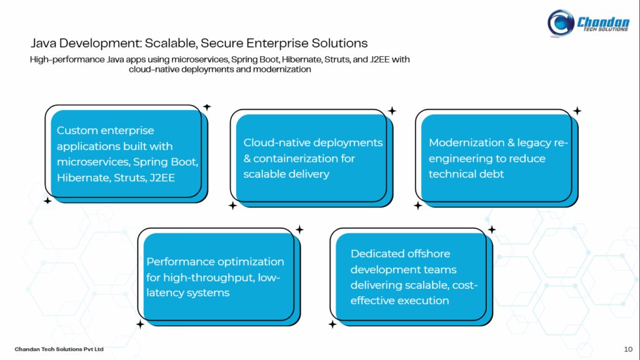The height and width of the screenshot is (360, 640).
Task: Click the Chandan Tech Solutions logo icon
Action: point(561,23)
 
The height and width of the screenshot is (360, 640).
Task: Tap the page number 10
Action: point(627,348)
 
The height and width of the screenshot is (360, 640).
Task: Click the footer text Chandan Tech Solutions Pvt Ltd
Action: point(59,348)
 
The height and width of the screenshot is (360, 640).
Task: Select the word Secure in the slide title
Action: point(221,43)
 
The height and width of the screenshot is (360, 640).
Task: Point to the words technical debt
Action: point(466,174)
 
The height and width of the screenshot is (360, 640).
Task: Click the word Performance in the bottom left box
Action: point(181,261)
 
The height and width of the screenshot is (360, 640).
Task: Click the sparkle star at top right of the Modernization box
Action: point(577,111)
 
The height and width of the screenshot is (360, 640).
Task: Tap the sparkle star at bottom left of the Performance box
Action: point(140,324)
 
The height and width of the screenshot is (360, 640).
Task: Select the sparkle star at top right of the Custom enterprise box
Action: point(207,107)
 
